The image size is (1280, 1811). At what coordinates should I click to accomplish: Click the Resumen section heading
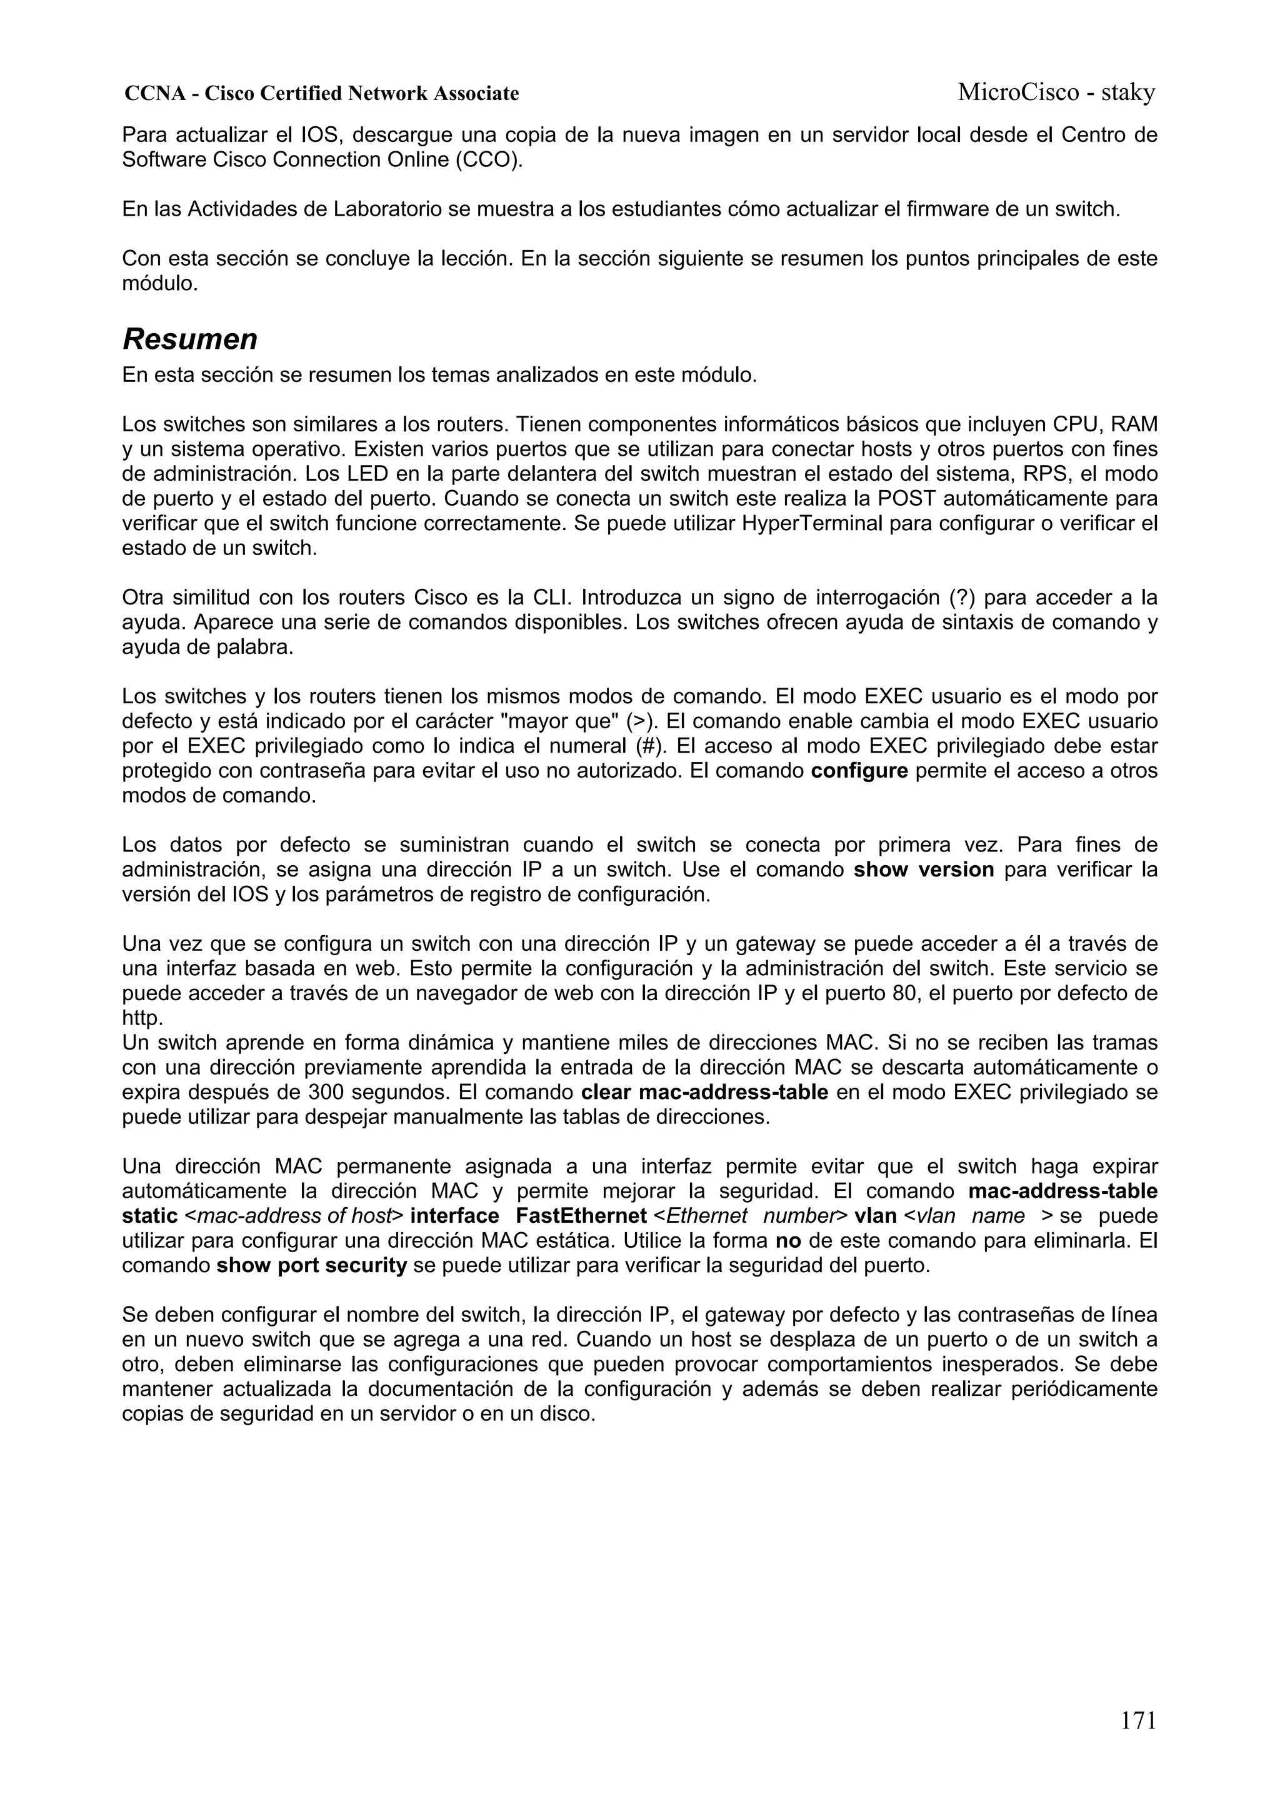click(190, 340)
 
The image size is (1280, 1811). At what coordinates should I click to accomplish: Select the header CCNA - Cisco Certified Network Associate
click(322, 94)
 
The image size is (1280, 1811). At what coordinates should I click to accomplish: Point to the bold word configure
click(859, 771)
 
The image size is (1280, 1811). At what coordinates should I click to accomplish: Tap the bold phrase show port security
click(311, 1266)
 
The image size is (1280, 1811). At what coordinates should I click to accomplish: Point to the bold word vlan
click(876, 1217)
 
